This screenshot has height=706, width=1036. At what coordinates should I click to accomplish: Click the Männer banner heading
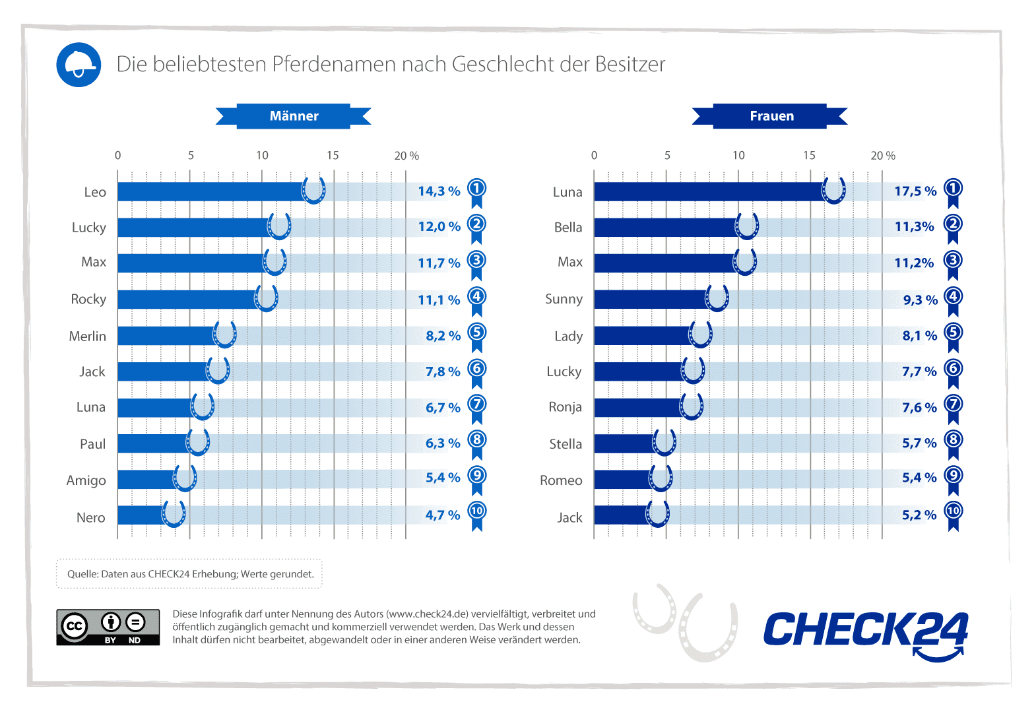[x=294, y=116]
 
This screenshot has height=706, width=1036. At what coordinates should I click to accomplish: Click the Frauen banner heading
[x=771, y=116]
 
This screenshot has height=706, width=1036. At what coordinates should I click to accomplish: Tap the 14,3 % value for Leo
[x=439, y=191]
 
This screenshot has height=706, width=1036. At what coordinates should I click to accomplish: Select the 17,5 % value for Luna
[x=915, y=191]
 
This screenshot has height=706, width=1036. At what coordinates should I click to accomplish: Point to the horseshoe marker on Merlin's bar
[x=225, y=334]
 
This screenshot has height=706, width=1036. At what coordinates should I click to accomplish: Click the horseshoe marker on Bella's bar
[x=747, y=226]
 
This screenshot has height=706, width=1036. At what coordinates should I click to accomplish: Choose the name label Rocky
[x=88, y=299]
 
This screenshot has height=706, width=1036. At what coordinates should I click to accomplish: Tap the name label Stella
[x=566, y=444]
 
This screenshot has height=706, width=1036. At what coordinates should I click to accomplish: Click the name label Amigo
[x=86, y=480]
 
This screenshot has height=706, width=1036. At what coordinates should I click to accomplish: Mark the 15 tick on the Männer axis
[x=333, y=156]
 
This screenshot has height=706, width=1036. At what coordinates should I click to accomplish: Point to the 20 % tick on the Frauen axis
[x=882, y=156]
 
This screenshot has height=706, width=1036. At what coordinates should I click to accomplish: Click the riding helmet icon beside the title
[x=79, y=65]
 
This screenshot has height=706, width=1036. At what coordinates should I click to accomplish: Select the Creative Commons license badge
[x=108, y=627]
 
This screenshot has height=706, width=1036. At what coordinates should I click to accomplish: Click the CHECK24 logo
[x=865, y=632]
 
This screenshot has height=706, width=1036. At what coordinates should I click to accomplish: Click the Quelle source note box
[x=189, y=574]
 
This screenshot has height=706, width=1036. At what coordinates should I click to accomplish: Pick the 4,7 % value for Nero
[x=442, y=515]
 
